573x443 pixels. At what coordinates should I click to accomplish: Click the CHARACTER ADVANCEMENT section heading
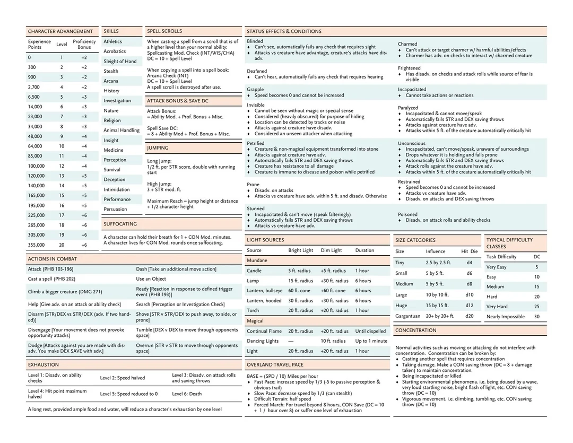point(60,32)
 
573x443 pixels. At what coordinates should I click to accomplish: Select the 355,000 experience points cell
point(36,245)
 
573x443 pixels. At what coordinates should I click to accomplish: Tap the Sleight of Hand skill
point(120,62)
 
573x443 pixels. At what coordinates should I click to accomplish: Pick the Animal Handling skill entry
point(121,131)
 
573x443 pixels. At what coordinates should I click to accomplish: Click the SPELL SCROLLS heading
point(164,32)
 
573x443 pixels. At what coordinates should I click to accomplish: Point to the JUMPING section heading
point(158,148)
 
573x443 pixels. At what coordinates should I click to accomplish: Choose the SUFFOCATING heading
point(120,224)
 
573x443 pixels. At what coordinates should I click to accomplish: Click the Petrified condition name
point(256,143)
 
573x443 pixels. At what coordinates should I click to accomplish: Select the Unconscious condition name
point(412,143)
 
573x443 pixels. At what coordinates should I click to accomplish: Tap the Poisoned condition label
point(409,214)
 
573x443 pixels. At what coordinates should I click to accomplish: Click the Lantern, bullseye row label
point(265,291)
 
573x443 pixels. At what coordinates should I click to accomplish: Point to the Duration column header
point(364,250)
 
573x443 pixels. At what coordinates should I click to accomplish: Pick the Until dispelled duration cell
point(371,331)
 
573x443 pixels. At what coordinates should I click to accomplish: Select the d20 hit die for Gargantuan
point(470,316)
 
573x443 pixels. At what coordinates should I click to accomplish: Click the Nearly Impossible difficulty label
point(506,317)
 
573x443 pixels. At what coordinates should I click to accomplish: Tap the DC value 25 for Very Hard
point(537,307)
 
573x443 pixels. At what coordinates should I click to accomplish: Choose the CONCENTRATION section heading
point(416,331)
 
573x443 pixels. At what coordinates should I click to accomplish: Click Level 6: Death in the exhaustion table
point(187,394)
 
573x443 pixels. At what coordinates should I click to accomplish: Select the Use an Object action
point(151,279)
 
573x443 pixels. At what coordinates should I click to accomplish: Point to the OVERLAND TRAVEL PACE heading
point(275,365)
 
